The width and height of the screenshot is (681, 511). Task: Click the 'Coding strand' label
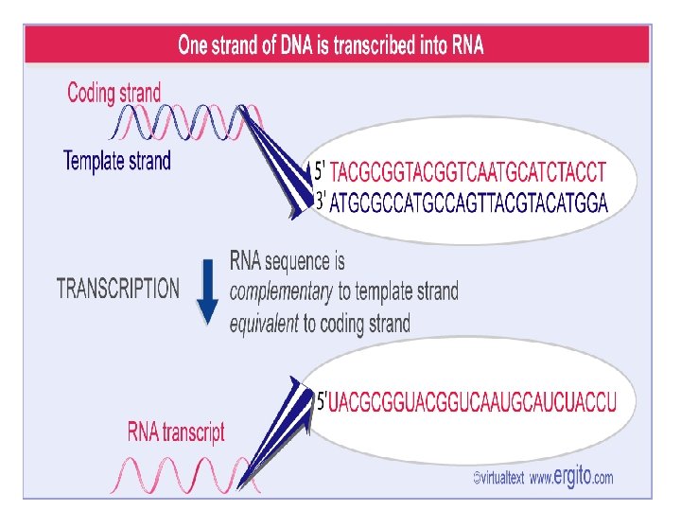[x=113, y=93]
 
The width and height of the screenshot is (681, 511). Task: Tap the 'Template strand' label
[x=117, y=160]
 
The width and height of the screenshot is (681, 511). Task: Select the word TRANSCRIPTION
[x=118, y=288]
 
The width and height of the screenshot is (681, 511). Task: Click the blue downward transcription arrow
[x=208, y=289]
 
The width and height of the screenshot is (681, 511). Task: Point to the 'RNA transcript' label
[x=177, y=433]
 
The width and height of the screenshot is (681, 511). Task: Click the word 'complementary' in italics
[x=281, y=291]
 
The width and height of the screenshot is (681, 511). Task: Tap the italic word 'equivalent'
[x=264, y=324]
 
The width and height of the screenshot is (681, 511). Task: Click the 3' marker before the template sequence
[x=321, y=202]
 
